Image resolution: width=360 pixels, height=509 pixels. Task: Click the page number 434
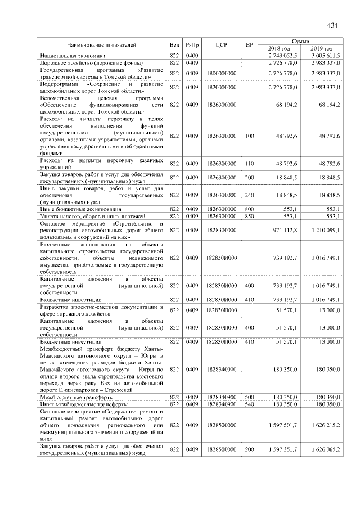pos(331,25)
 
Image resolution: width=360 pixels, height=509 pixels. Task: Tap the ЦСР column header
pos(221,44)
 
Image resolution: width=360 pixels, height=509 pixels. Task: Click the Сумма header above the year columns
pos(304,42)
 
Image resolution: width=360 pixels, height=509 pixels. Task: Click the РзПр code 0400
pos(192,56)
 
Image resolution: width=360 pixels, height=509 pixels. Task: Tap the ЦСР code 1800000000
pos(221,74)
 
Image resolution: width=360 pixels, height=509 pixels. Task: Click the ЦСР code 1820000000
pos(221,88)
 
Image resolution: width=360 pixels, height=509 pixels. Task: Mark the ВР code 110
pos(249,164)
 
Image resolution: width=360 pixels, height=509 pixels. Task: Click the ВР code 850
pos(249,216)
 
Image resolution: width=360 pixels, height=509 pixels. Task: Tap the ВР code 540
pos(249,404)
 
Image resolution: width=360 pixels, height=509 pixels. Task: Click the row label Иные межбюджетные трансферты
pos(84,404)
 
